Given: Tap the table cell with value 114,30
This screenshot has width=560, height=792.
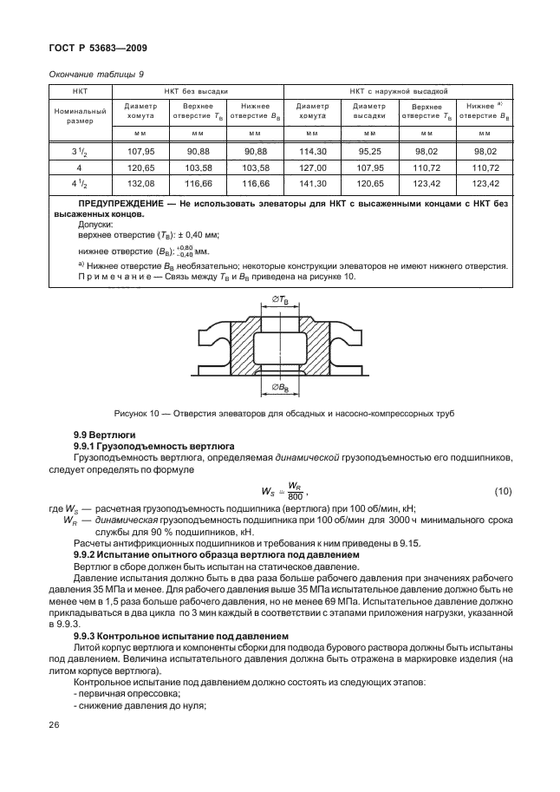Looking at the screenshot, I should pyautogui.click(x=312, y=150).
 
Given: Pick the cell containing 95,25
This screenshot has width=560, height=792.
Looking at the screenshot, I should pyautogui.click(x=369, y=150).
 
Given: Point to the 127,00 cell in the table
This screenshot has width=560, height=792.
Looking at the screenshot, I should pyautogui.click(x=312, y=166).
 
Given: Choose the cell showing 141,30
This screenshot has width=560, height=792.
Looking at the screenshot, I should pyautogui.click(x=312, y=182).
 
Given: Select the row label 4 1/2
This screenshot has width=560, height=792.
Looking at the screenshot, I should pyautogui.click(x=79, y=182).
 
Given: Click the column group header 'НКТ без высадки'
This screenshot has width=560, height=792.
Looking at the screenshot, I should pyautogui.click(x=197, y=90).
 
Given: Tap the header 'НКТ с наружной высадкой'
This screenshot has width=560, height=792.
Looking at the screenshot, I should pyautogui.click(x=398, y=90).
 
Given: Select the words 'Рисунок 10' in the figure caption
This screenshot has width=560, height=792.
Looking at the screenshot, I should pyautogui.click(x=138, y=413).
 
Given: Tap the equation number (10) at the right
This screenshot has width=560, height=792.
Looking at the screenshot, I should pyautogui.click(x=503, y=493).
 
